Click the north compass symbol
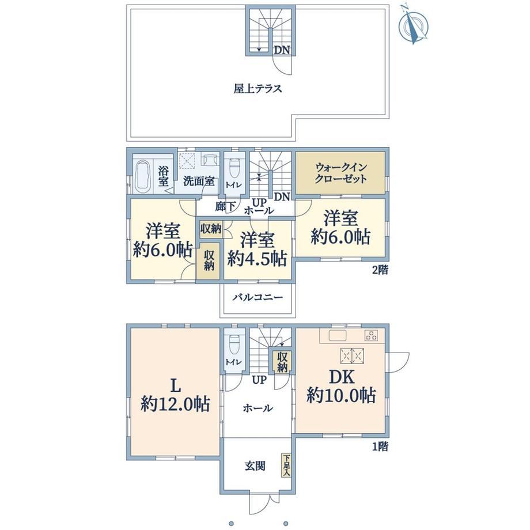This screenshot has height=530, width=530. pyautogui.click(x=413, y=24)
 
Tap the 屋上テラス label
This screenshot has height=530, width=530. pyautogui.click(x=258, y=89)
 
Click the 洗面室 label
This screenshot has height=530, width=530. pyautogui.click(x=199, y=181)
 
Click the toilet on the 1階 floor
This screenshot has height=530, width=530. pyautogui.click(x=234, y=344)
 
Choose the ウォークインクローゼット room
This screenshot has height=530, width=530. pyautogui.click(x=340, y=173)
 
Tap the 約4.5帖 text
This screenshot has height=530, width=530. pyautogui.click(x=257, y=259)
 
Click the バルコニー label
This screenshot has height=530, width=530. pyautogui.click(x=258, y=297)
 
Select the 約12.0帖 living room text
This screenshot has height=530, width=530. pyautogui.click(x=176, y=404)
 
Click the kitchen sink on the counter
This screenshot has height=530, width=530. pyautogui.click(x=338, y=336)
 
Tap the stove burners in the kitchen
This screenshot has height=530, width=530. pyautogui.click(x=371, y=336)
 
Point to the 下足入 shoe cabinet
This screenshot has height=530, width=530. pyautogui.click(x=286, y=465)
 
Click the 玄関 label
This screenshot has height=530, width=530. pyautogui.click(x=255, y=466)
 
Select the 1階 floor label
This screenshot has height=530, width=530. pyautogui.click(x=380, y=447)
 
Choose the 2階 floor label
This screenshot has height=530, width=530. pyautogui.click(x=380, y=270)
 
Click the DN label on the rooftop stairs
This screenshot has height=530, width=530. pyautogui.click(x=282, y=50)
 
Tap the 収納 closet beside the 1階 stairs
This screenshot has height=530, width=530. pyautogui.click(x=282, y=362)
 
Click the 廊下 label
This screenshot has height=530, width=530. pyautogui.click(x=225, y=206)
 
